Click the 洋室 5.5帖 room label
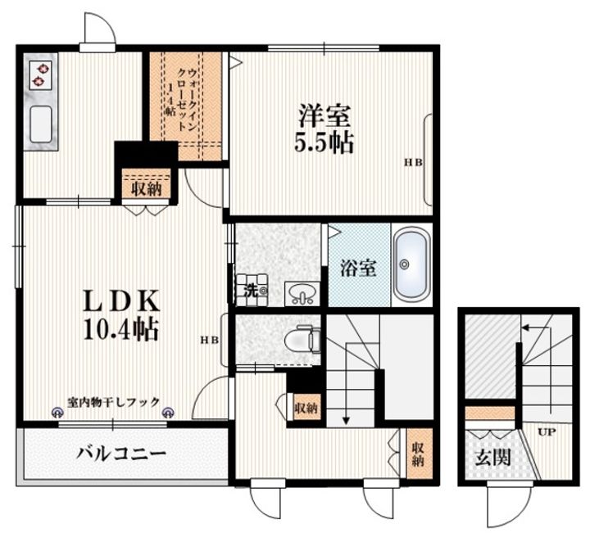pyautogui.click(x=324, y=129)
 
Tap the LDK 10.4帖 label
pyautogui.click(x=121, y=314)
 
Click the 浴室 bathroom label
pyautogui.click(x=358, y=269)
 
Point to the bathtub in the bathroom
pyautogui.click(x=411, y=264)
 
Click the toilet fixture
pyautogui.click(x=302, y=341)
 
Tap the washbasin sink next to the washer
pyautogui.click(x=302, y=294)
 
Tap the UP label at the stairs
pyautogui.click(x=547, y=431)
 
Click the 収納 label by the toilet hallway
pyautogui.click(x=306, y=408)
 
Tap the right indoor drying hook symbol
pyautogui.click(x=167, y=413)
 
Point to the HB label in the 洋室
pyautogui.click(x=413, y=162)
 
